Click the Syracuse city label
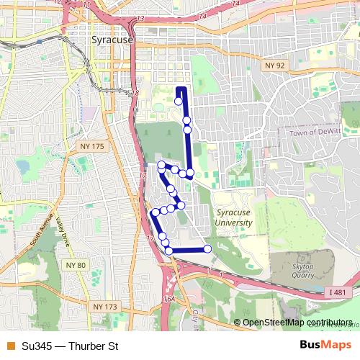coord(112,40)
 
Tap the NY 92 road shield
coord(270,65)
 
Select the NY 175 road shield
coord(94,146)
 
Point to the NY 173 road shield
coord(104,307)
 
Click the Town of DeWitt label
coord(318,133)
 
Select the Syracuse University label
coord(234,217)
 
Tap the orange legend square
coord(9,346)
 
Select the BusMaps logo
coord(326,346)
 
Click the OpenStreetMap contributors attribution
coord(297,322)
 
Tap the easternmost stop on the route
coord(207,249)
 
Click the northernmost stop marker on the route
coord(178,102)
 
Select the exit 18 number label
coord(135,94)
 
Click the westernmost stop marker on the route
coord(155,212)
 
